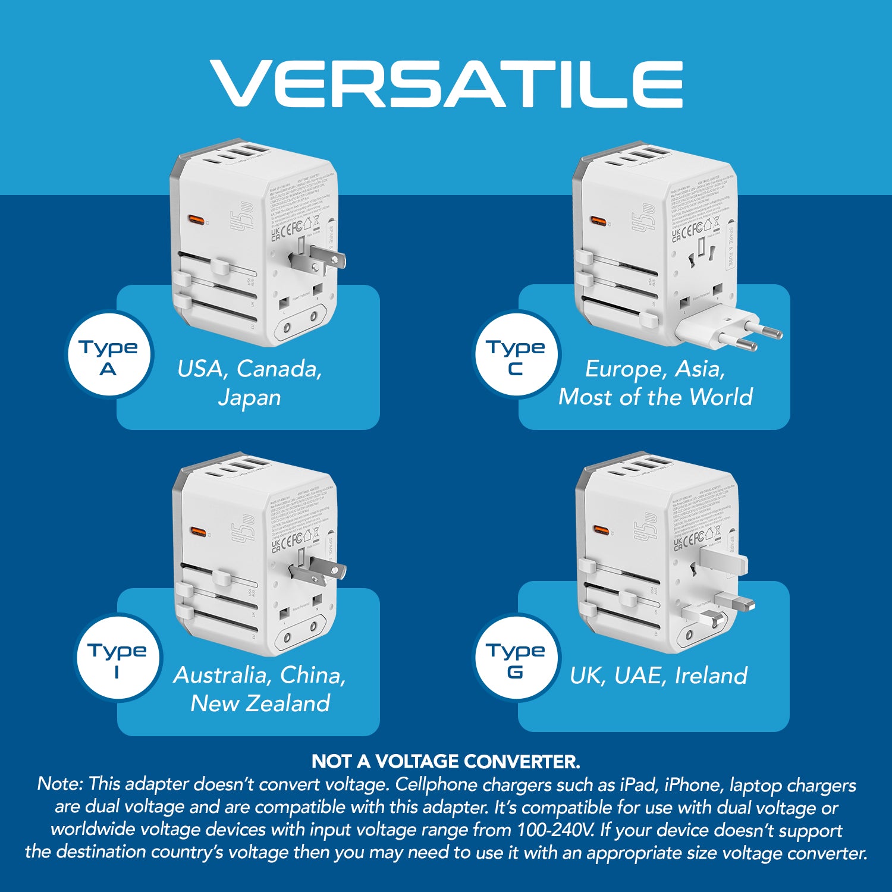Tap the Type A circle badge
[109, 356]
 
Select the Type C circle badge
[516, 356]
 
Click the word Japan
[249, 398]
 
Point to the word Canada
[279, 369]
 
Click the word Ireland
[711, 676]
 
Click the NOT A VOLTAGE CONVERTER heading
[446, 761]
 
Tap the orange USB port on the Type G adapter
[601, 530]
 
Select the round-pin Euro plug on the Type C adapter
[731, 330]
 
